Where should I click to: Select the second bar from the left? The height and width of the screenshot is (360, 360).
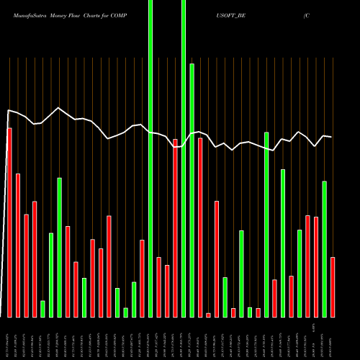coord(18,245)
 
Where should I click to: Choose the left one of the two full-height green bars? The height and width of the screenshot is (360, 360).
coord(150,158)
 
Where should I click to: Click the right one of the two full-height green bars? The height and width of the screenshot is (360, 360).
coord(184,158)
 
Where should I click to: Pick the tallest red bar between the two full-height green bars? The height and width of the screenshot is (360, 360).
coord(175,228)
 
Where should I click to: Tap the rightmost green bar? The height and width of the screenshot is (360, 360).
coord(325,248)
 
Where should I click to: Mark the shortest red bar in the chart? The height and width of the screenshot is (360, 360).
coord(209,315)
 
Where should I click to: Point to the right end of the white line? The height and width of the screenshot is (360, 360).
coord(331,137)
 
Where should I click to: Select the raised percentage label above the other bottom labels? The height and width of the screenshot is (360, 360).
coord(315,327)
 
